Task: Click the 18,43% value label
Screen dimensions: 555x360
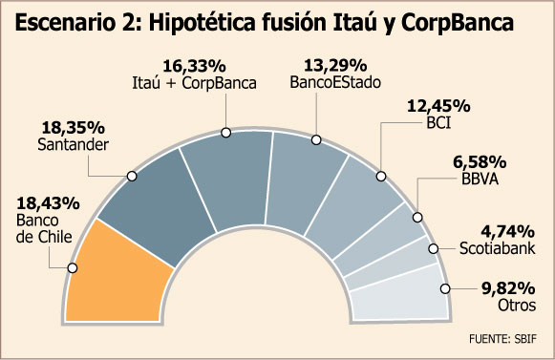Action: (x=48, y=203)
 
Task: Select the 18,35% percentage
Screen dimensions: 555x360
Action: (x=74, y=128)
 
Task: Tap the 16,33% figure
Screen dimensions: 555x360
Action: (x=194, y=66)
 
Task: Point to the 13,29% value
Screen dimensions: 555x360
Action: (x=335, y=66)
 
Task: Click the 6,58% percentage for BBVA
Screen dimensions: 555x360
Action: (x=480, y=162)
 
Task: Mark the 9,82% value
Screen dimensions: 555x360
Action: (x=508, y=288)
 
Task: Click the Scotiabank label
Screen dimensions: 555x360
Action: (x=498, y=248)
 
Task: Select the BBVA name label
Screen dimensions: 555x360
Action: (x=480, y=180)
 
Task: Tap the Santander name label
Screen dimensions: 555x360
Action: (x=73, y=145)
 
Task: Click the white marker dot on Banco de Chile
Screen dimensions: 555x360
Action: (x=73, y=268)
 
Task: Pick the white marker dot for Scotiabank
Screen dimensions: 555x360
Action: (x=434, y=248)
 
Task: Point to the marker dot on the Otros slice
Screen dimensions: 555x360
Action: (x=445, y=288)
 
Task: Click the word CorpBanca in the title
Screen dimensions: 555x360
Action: (x=458, y=23)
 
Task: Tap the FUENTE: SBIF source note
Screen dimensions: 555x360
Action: (x=502, y=339)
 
